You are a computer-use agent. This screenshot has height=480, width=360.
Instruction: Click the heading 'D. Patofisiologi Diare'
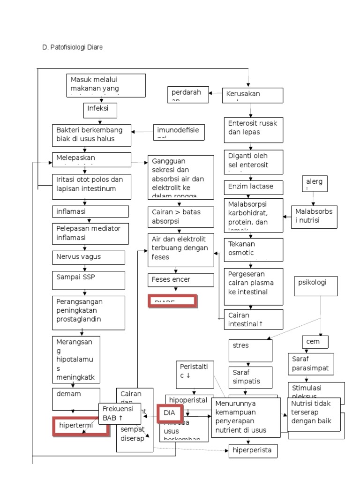point(72,47)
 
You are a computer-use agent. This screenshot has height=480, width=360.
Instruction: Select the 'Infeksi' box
point(99,110)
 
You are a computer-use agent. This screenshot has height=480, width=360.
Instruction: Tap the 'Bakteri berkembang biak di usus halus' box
point(91,135)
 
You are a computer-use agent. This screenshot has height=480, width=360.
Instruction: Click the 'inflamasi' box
point(90,211)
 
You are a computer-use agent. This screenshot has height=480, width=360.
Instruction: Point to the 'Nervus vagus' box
point(89,257)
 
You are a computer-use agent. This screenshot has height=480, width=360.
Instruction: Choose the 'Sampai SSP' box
point(89,280)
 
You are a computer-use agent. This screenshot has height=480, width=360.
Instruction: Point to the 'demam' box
point(76,397)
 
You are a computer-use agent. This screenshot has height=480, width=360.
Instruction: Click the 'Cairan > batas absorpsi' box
point(180,217)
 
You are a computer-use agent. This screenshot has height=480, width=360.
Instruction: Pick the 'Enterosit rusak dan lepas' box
point(254,129)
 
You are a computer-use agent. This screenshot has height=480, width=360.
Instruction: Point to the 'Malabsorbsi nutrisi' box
point(314,217)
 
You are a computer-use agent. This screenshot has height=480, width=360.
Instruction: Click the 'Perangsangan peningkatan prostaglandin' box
point(89,312)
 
